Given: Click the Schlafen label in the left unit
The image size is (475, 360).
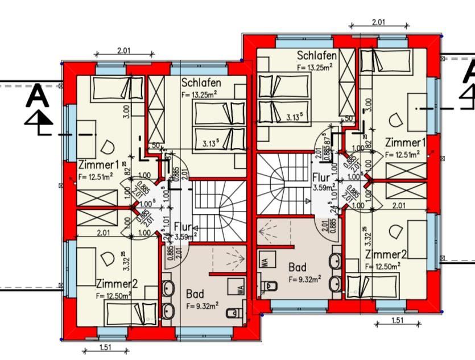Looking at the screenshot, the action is coord(201,83).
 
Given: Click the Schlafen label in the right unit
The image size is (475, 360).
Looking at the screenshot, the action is coord(317,56).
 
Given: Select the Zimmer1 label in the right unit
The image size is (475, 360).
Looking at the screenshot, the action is coord(404,142).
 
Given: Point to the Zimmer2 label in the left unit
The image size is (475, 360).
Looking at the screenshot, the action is coord(116,283).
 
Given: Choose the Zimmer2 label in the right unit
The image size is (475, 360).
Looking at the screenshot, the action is coord(386,254).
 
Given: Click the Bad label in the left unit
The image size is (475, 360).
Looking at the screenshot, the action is coord(195,294).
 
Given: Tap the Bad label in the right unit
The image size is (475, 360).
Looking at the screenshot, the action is coord(297,267).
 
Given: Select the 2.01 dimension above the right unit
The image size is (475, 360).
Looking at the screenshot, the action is coord(379,22).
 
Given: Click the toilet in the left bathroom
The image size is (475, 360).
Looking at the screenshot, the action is coord(233,312).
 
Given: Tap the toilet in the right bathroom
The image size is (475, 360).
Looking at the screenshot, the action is coord(269,284).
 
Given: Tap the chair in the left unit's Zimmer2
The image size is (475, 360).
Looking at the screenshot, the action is coord(106,258).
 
